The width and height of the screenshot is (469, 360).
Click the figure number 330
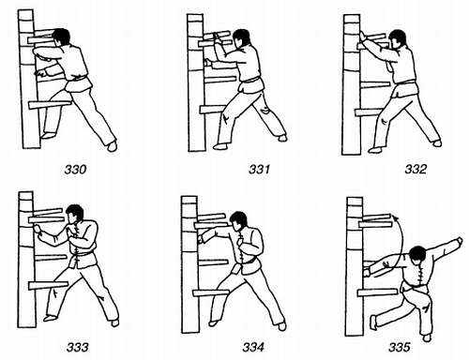click(75, 170)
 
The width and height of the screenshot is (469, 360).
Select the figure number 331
click(259, 169)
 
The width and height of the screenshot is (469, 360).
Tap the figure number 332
click(416, 169)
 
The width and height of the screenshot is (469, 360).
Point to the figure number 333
click(77, 347)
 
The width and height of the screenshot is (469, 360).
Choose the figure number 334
click(253, 347)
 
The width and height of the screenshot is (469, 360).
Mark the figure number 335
click(400, 347)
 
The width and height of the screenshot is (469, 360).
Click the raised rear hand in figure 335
click(459, 241)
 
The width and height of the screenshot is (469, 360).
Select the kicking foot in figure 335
click(373, 322)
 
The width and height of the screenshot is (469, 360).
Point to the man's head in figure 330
click(61, 37)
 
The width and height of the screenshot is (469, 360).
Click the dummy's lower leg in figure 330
click(50, 105)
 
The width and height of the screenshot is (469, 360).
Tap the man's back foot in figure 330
click(112, 146)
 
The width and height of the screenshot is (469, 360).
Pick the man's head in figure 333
click(75, 214)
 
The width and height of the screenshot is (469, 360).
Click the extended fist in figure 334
click(201, 239)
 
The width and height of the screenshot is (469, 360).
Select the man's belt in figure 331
click(251, 80)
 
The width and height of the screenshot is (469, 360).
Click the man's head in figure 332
click(398, 39)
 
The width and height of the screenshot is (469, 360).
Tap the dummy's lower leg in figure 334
click(211, 293)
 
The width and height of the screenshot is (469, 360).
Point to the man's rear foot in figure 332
click(436, 143)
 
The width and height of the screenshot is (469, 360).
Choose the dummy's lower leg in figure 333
click(49, 285)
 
